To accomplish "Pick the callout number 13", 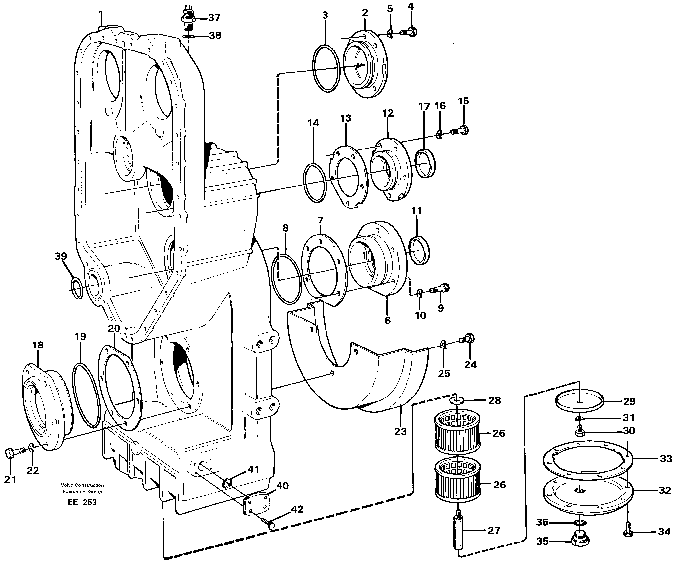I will click(346, 118).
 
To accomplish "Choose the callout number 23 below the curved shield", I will click(400, 431).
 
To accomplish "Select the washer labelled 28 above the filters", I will click(456, 401).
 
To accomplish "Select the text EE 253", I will click(82, 502).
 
